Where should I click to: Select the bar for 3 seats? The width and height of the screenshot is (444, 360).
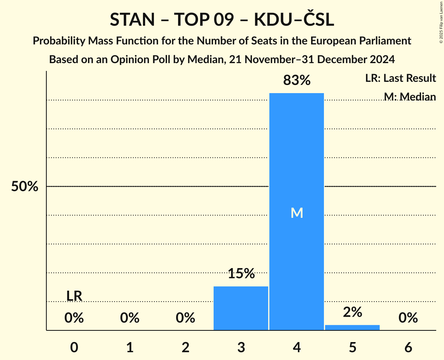pos(241,308)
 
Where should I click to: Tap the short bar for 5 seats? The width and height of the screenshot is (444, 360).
pos(352,327)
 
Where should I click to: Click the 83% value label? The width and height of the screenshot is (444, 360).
pos(297,81)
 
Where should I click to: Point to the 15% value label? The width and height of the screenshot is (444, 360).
pos(241,274)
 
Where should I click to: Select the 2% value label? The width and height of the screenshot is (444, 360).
pos(352,312)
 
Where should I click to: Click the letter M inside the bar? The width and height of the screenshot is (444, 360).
pos(297,213)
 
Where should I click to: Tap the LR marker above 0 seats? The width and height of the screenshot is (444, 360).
pos(74,296)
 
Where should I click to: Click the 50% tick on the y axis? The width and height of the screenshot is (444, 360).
pos(25,187)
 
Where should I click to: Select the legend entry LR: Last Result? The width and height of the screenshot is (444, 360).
pos(400,78)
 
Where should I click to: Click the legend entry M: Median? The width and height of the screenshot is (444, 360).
pos(410,96)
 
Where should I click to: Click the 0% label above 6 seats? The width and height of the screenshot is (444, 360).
pos(408,318)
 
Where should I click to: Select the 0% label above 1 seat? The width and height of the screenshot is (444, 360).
pos(130,318)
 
